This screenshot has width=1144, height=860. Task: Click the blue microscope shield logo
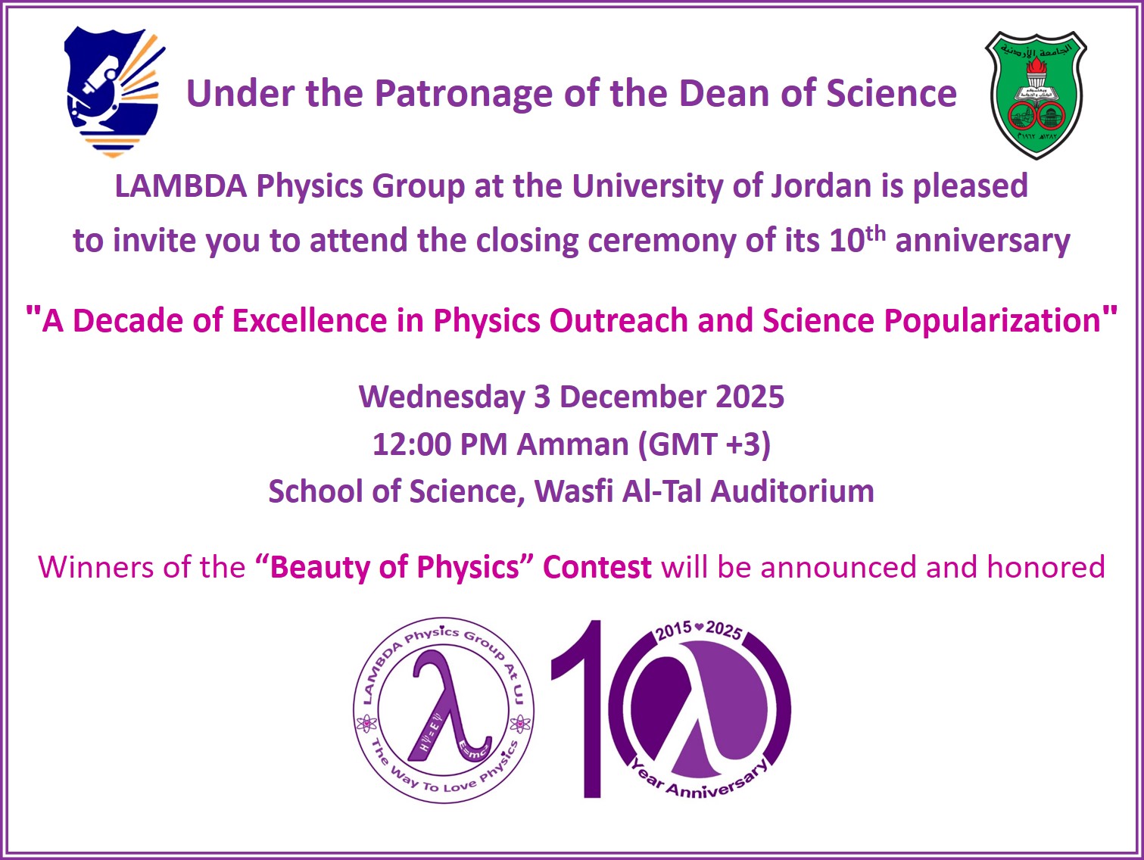(x=114, y=91)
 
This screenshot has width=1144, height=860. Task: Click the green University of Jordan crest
(x=1036, y=94)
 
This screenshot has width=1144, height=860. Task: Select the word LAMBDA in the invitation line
(x=181, y=186)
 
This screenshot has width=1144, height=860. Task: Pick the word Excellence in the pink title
(x=309, y=321)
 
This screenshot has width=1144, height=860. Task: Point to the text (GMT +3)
(x=704, y=444)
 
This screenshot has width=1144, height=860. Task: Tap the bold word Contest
(x=597, y=568)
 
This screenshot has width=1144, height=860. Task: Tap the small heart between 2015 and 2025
(x=700, y=628)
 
